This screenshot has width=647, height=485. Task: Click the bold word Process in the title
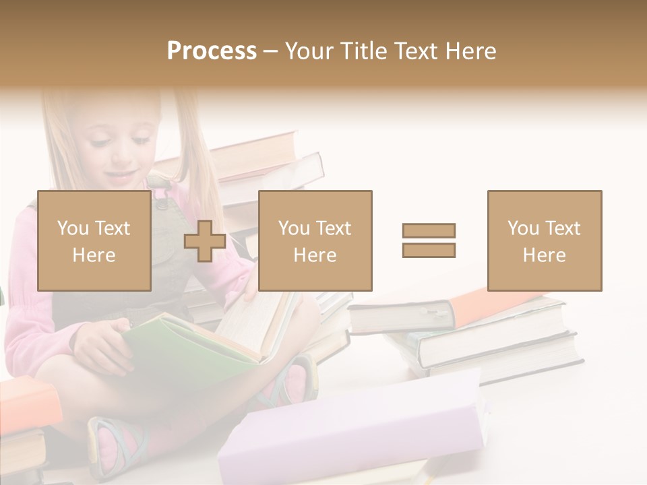[212, 51]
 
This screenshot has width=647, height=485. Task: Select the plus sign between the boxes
[205, 241]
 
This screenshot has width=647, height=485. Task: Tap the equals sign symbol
[429, 240]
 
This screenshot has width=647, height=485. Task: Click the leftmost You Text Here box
[94, 240]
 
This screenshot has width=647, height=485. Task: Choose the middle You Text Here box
[315, 240]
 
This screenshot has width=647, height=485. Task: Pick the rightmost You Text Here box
[545, 240]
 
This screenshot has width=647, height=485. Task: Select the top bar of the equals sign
[429, 231]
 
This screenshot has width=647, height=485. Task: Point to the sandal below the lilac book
[115, 445]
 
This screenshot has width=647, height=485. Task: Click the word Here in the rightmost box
[545, 255]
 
